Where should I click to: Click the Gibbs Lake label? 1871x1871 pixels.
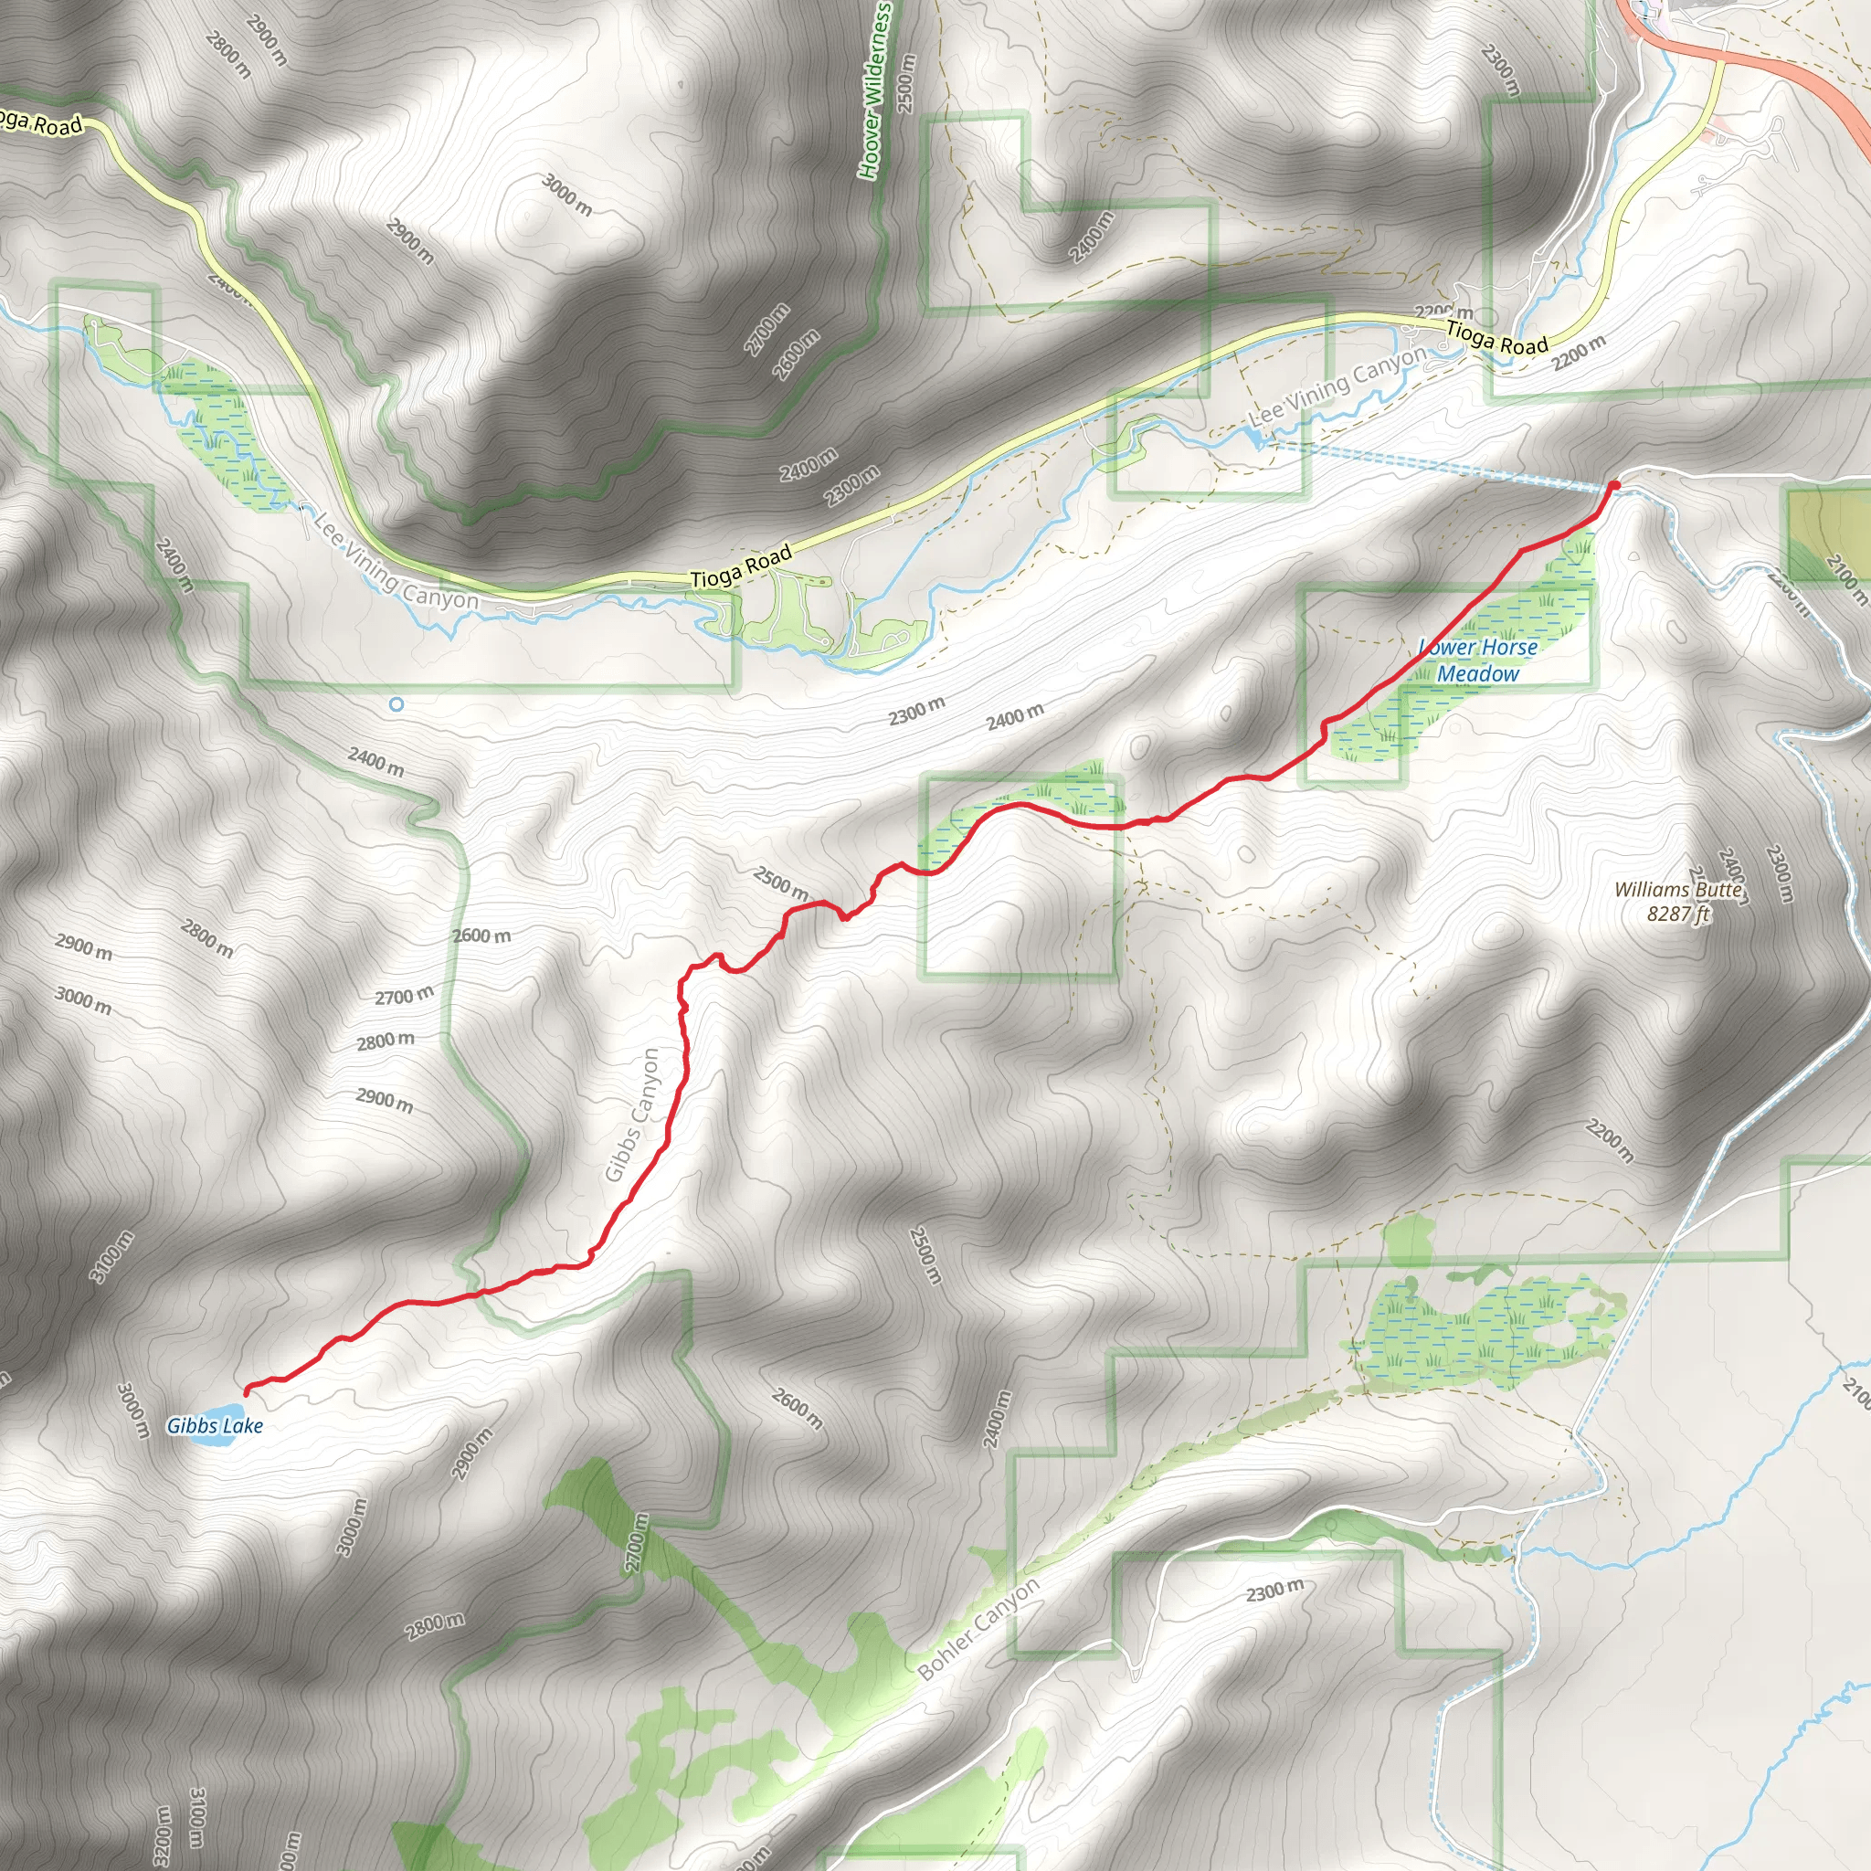pyautogui.click(x=214, y=1424)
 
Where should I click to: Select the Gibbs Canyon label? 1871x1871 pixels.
pyautogui.click(x=631, y=1115)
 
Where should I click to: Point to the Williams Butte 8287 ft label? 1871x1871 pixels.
pyautogui.click(x=1678, y=901)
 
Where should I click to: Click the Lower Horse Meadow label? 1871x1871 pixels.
pyautogui.click(x=1478, y=660)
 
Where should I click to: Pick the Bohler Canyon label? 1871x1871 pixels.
pyautogui.click(x=978, y=1629)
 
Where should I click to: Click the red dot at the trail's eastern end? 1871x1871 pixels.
pyautogui.click(x=1614, y=485)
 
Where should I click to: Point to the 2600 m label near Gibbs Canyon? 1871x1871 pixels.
pyautogui.click(x=481, y=935)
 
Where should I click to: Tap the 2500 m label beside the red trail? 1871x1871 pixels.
pyautogui.click(x=780, y=883)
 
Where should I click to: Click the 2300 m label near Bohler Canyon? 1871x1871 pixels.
pyautogui.click(x=1274, y=1591)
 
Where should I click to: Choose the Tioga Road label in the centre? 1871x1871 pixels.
pyautogui.click(x=742, y=566)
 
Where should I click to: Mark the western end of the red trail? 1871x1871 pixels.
pyautogui.click(x=246, y=1392)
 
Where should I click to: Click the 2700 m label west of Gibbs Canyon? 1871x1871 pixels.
pyautogui.click(x=404, y=996)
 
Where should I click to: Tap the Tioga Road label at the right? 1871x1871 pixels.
pyautogui.click(x=1497, y=336)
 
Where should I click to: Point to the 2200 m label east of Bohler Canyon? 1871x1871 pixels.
pyautogui.click(x=1610, y=1141)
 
